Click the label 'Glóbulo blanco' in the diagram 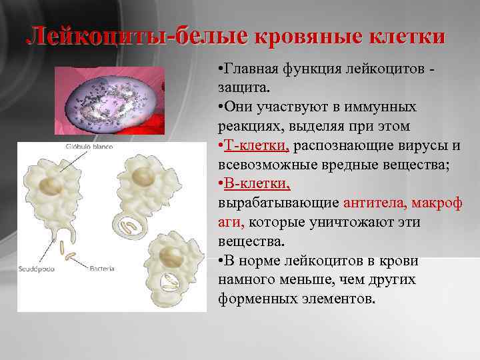(89, 147)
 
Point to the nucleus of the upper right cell (143, 175)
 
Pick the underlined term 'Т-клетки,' (255, 146)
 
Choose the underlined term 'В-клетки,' (255, 183)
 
